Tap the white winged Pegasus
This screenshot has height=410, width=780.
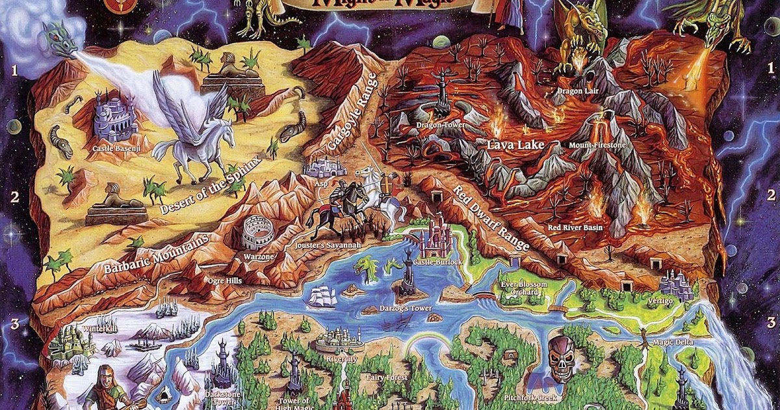click(x=195, y=130)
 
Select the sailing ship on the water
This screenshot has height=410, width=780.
click(x=323, y=297)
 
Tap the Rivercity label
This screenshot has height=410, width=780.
click(x=342, y=359)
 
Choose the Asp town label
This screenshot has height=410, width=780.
click(x=320, y=184)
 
